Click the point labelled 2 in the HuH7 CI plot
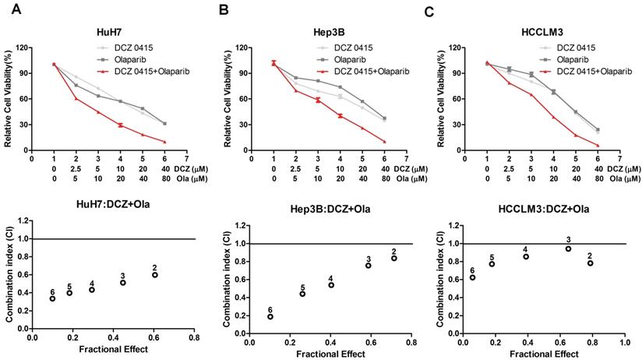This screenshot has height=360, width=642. pyautogui.click(x=155, y=275)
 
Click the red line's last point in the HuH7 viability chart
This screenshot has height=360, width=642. pyautogui.click(x=164, y=142)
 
